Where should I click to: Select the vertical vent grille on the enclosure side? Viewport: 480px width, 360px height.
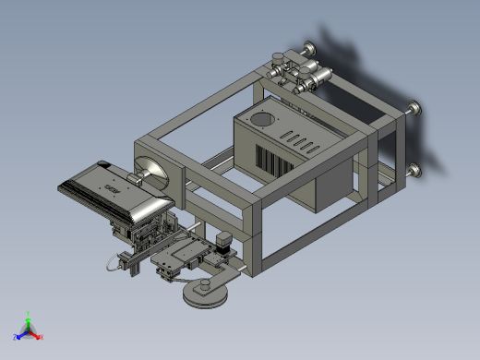pos(274,164)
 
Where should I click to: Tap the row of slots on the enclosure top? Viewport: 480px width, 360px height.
pos(299,140)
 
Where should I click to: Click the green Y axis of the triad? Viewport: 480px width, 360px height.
pos(29,316)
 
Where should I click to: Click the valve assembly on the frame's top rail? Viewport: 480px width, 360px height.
pos(295,74)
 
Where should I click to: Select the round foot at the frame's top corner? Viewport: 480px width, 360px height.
pos(306,49)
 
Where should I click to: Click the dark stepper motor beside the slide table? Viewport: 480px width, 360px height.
pos(222,243)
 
